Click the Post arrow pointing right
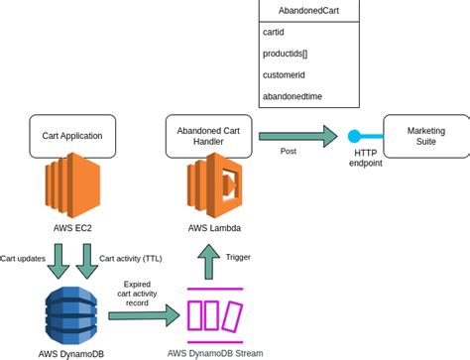[297, 136]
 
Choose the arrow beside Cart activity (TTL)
[87, 261]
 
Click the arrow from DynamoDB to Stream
[144, 315]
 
